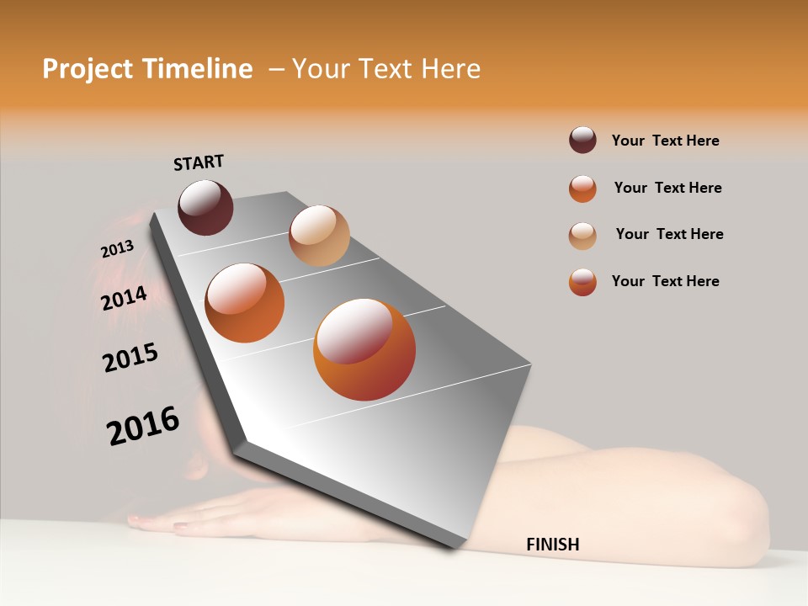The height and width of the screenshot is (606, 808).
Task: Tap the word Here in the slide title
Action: pyautogui.click(x=451, y=69)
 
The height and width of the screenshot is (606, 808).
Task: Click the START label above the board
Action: pyautogui.click(x=199, y=162)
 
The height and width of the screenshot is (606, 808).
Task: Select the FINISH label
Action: pyautogui.click(x=553, y=545)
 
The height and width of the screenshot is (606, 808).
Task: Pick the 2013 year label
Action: pyautogui.click(x=117, y=249)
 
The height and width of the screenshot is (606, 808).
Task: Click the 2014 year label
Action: pyautogui.click(x=124, y=298)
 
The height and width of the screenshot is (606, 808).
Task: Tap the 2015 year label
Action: pyautogui.click(x=130, y=358)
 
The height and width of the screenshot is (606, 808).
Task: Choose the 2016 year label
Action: pyautogui.click(x=143, y=426)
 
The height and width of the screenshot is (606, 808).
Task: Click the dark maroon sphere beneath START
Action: pyautogui.click(x=205, y=207)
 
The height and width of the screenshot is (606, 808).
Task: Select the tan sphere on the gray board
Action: pyautogui.click(x=319, y=236)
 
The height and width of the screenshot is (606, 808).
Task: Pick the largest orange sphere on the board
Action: pyautogui.click(x=364, y=349)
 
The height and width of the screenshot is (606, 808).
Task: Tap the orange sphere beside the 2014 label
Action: pyautogui.click(x=245, y=303)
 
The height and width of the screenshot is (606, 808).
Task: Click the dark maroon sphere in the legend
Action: pyautogui.click(x=582, y=141)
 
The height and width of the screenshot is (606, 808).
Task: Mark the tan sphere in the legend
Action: pyautogui.click(x=582, y=235)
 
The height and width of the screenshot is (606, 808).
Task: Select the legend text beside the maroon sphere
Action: pyautogui.click(x=666, y=141)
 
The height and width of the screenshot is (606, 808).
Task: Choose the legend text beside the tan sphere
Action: pyautogui.click(x=670, y=234)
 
